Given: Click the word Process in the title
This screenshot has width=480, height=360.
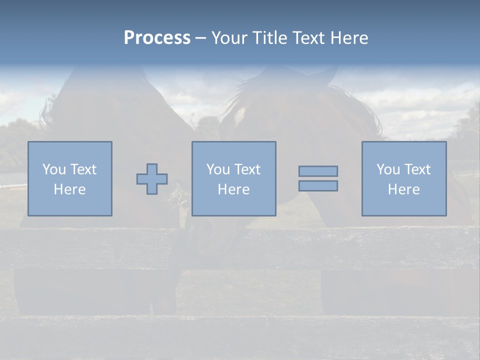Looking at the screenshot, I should tap(157, 38).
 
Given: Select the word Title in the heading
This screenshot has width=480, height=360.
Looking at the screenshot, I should tap(269, 38).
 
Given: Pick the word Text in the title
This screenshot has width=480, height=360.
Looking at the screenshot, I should tap(306, 38).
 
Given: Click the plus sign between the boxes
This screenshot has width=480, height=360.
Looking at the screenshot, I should tap(152, 178).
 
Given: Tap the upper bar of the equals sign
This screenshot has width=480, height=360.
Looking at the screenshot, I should tap(318, 171).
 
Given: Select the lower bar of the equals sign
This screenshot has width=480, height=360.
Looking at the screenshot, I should tap(318, 185).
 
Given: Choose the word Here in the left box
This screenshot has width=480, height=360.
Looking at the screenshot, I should tap(69, 189).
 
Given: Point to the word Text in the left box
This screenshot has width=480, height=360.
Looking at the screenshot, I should tap(83, 169).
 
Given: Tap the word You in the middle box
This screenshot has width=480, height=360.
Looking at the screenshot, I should tap(218, 169).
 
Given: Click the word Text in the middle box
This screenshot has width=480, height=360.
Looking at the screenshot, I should tap(247, 169).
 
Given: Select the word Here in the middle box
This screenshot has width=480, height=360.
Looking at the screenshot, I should tap(233, 189).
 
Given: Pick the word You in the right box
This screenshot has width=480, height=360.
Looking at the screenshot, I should tap(388, 169).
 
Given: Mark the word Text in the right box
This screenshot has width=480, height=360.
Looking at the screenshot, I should tap(417, 169).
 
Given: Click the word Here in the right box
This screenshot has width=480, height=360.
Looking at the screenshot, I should tap(403, 189).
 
